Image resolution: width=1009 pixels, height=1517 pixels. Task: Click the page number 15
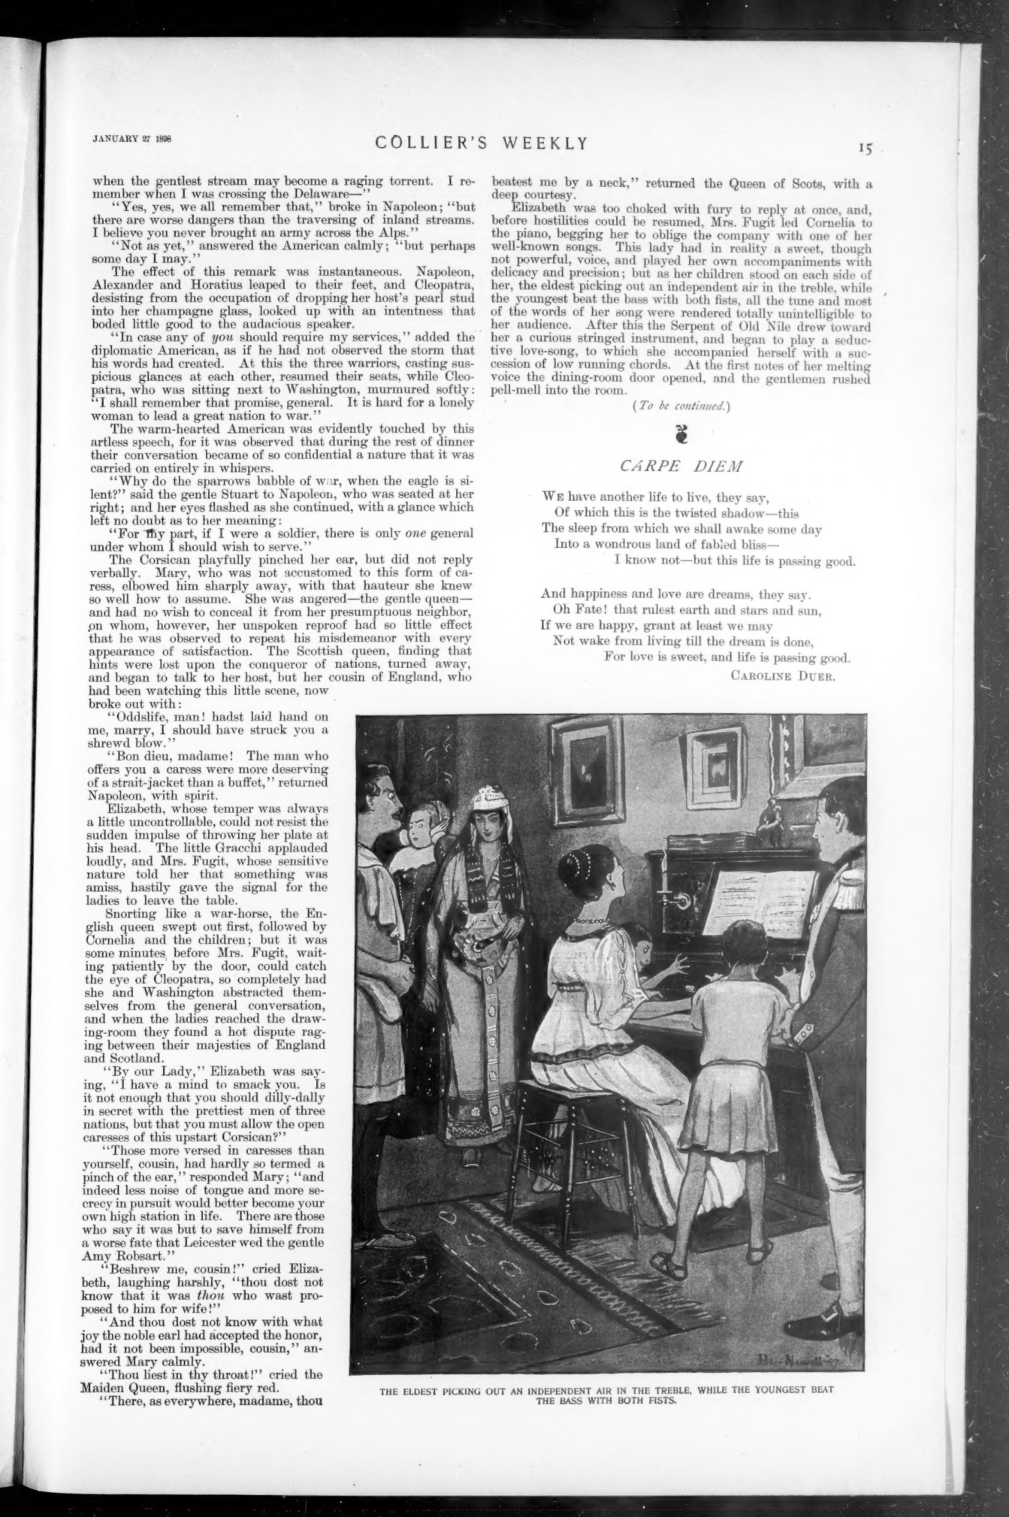pos(866,149)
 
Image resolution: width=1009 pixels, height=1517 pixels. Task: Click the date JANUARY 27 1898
pos(132,137)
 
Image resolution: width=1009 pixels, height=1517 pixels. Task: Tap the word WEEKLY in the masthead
pos(545,143)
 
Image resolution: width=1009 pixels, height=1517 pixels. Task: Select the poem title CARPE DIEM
pos(681,466)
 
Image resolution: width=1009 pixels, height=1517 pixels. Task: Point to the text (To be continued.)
pos(681,406)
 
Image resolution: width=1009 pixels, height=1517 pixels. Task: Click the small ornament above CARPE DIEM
pos(681,436)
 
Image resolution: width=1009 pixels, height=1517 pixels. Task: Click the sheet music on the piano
pos(759,900)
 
